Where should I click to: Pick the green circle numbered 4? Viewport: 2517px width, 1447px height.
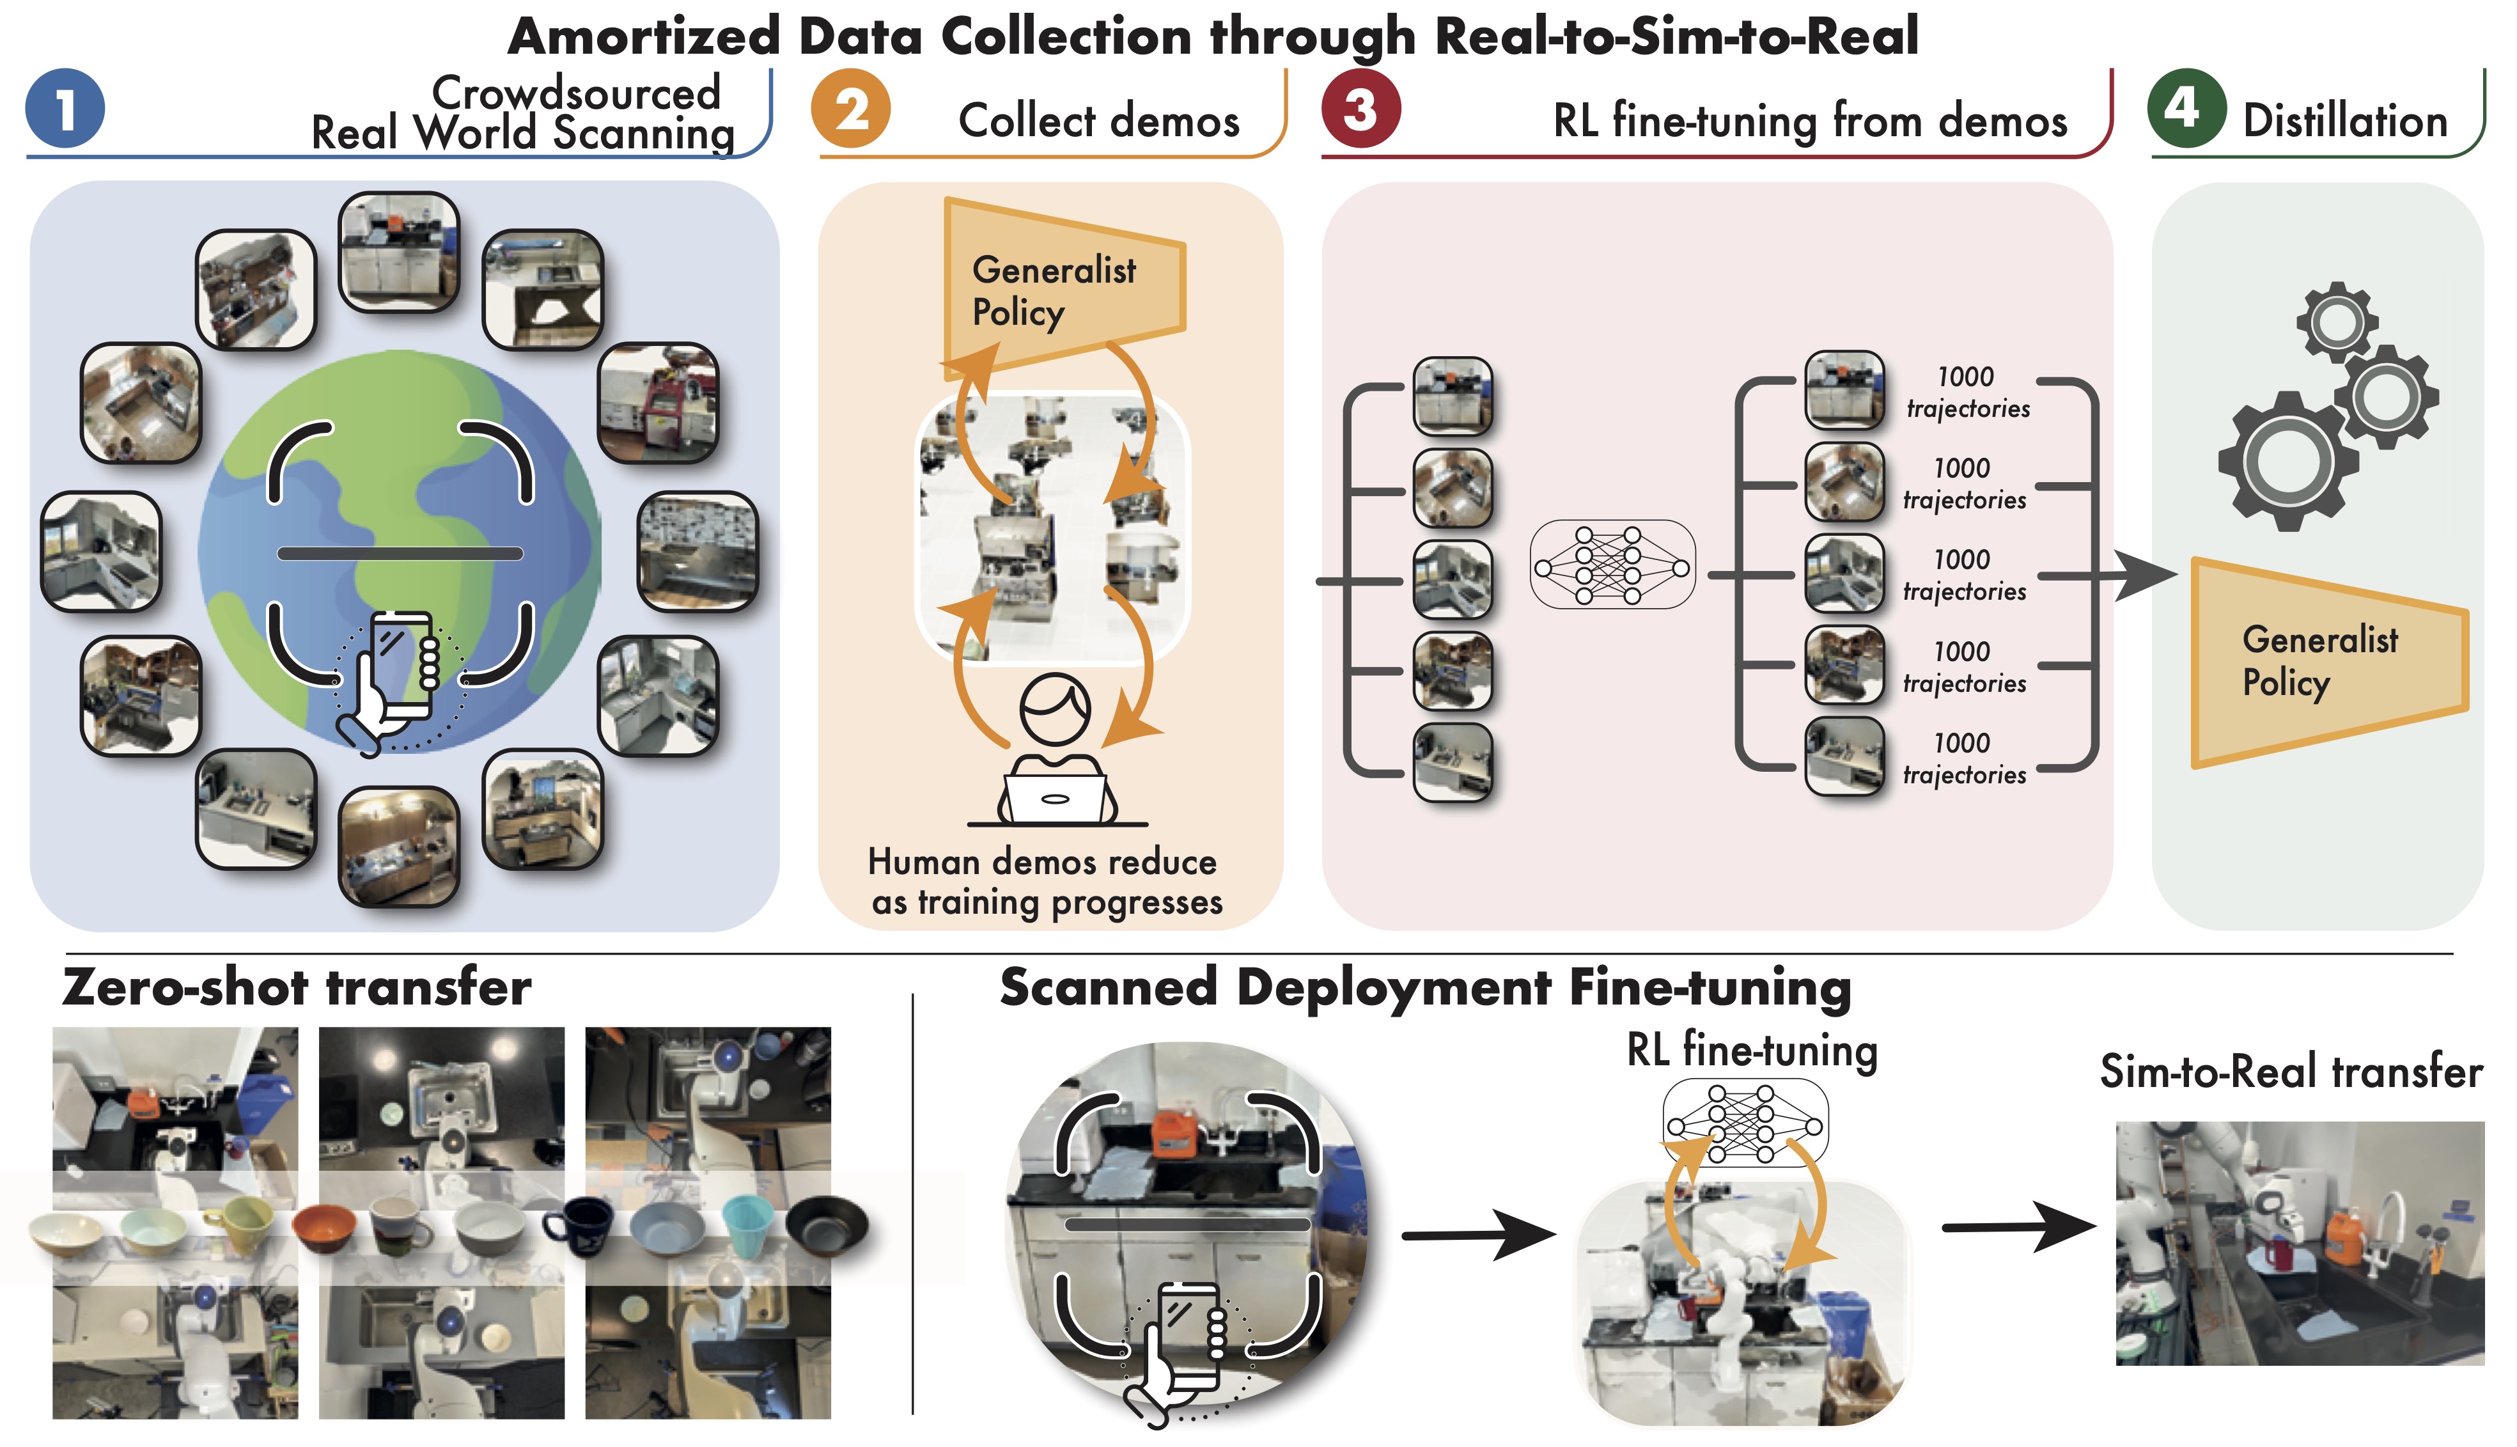(2186, 107)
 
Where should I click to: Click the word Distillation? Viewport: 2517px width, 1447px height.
(2345, 121)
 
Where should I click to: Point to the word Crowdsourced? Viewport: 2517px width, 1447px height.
(575, 93)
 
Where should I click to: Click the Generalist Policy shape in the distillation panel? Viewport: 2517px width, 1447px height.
(2325, 662)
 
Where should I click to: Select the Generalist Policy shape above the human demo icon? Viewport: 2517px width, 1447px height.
(1058, 288)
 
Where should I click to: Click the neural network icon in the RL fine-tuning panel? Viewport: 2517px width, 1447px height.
(1612, 567)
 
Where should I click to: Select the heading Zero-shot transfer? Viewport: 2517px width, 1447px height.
(296, 988)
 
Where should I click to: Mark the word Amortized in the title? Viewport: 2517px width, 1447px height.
(643, 37)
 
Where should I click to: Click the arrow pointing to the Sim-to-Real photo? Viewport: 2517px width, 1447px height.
(2017, 1228)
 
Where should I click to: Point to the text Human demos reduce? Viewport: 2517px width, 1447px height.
(1041, 862)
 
